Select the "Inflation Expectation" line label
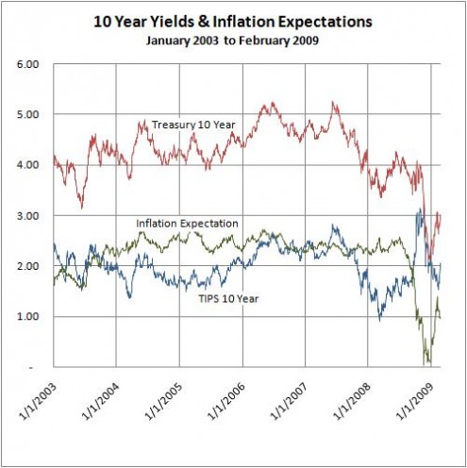(x=185, y=224)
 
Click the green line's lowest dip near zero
(x=428, y=362)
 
